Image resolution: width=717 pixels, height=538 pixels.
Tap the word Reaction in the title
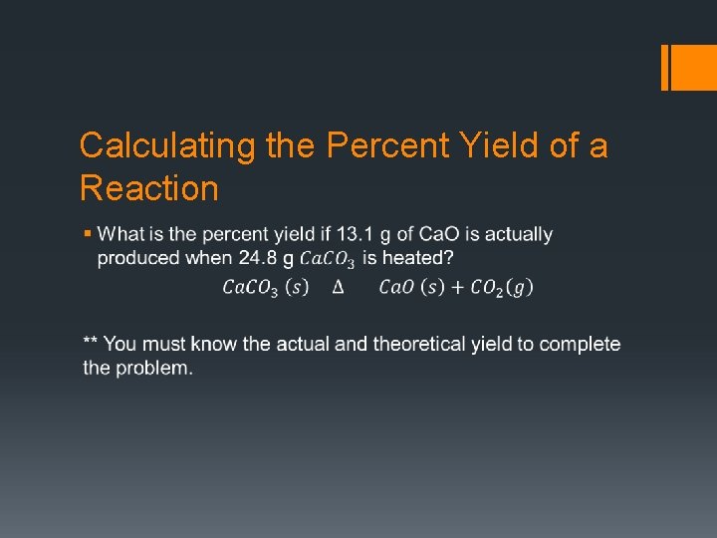tap(148, 188)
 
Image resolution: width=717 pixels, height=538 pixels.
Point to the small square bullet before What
tap(88, 233)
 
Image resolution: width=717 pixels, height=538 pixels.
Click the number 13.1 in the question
tap(354, 234)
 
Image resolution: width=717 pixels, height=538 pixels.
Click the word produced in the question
tap(133, 258)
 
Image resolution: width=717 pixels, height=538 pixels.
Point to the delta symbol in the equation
tap(338, 288)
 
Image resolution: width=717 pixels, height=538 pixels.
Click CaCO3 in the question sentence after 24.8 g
tap(328, 259)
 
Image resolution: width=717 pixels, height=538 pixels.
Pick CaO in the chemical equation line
tap(399, 288)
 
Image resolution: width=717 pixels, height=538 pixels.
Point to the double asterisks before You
tap(91, 343)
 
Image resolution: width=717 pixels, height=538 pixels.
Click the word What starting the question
tap(120, 234)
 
